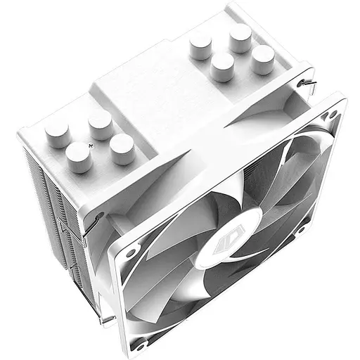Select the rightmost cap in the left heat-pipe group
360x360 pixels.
(x=122, y=148)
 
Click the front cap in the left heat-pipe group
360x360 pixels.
(x=79, y=156)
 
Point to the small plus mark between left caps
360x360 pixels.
(x=91, y=143)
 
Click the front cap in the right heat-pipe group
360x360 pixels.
(x=222, y=67)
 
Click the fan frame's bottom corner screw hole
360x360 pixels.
(x=141, y=344)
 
